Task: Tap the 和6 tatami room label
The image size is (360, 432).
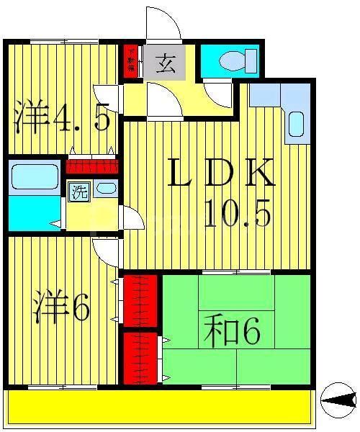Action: (231, 332)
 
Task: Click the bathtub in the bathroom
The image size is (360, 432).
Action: (35, 176)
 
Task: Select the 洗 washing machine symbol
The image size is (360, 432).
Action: (78, 192)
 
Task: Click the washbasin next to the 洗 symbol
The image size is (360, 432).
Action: (105, 189)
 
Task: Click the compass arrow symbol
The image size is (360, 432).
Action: (338, 398)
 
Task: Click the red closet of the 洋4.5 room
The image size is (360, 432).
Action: (91, 166)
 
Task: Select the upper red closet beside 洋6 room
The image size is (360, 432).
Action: (140, 300)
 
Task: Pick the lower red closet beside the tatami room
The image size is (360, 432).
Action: (140, 356)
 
